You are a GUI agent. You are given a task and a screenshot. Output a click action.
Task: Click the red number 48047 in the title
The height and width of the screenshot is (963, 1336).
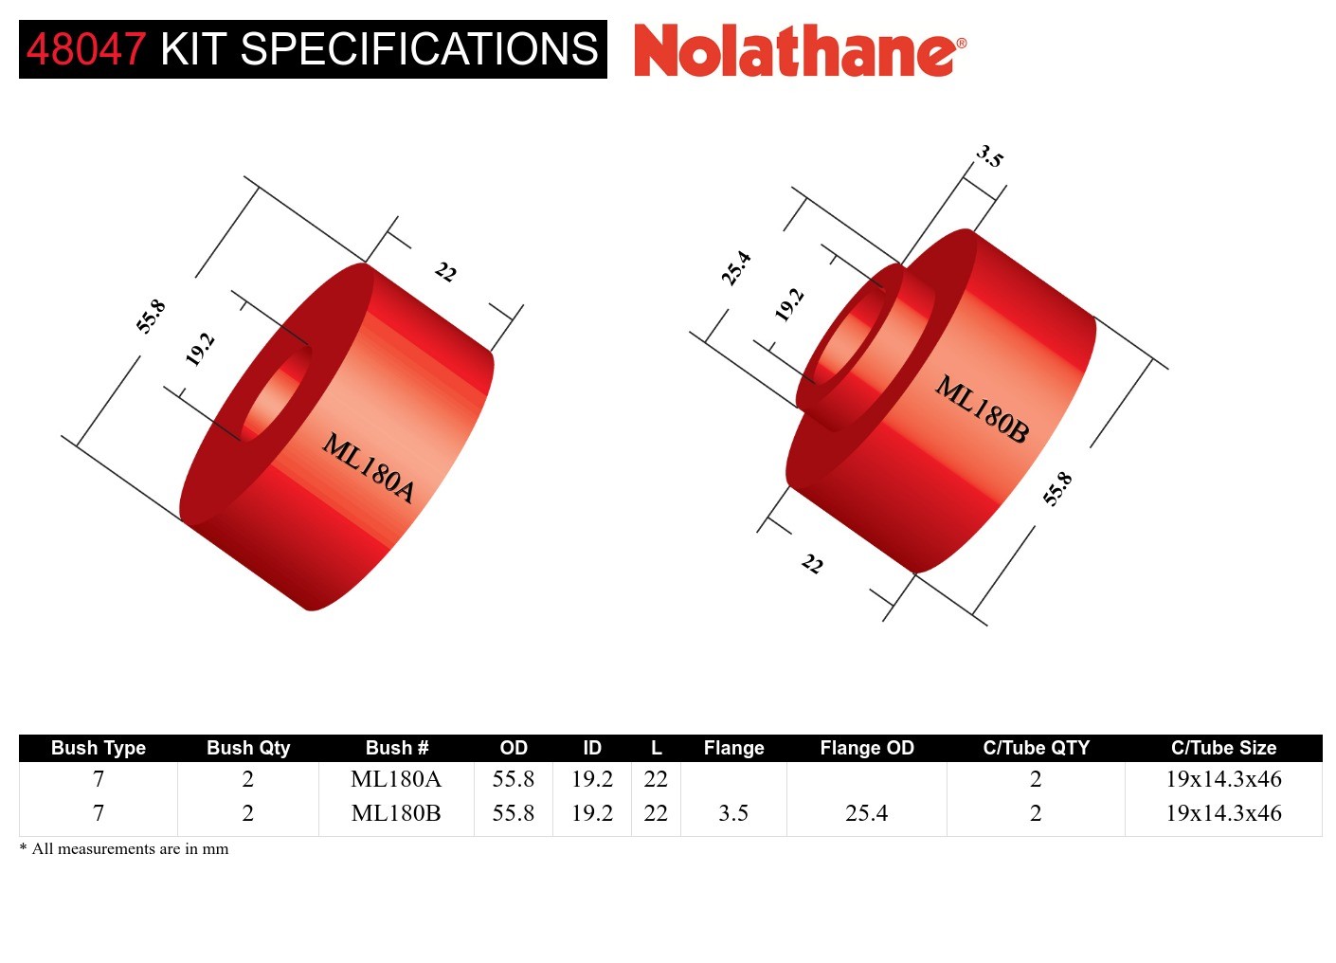(85, 49)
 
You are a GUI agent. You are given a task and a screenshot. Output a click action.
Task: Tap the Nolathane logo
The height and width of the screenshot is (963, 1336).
(799, 51)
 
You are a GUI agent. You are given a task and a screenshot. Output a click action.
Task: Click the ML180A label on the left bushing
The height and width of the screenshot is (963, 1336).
(369, 467)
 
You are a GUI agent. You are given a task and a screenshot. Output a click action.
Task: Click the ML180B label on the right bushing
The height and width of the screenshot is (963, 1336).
(982, 409)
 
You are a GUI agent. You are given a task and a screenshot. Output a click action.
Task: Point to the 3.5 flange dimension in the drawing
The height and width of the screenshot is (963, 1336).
(989, 156)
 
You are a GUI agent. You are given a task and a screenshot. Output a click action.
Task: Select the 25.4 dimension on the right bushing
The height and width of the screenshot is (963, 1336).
(736, 268)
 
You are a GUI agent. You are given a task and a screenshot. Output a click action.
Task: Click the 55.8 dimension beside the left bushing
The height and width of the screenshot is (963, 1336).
(152, 316)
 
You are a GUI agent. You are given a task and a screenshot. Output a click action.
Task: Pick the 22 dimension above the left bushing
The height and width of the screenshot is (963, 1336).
(445, 273)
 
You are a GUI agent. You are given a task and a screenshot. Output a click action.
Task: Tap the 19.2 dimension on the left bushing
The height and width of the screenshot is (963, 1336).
(200, 350)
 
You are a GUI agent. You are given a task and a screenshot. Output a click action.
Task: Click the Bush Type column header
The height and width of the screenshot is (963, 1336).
(99, 748)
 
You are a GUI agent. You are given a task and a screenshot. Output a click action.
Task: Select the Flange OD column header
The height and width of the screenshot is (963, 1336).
(867, 748)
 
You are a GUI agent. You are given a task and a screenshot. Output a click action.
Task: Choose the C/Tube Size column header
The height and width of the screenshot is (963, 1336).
(1223, 748)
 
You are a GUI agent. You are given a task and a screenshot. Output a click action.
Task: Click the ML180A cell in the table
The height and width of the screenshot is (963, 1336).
(396, 779)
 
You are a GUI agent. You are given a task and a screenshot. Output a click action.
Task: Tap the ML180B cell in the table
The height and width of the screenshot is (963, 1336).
(396, 813)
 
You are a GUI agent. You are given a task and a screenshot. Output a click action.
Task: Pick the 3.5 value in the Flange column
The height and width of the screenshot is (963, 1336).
(733, 813)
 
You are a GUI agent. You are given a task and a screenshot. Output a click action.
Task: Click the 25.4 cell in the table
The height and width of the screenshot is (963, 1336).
(867, 813)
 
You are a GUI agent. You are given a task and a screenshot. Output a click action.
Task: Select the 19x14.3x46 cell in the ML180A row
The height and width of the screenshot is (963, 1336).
(1223, 779)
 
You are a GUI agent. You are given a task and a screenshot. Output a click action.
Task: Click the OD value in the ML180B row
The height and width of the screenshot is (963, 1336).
(513, 813)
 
